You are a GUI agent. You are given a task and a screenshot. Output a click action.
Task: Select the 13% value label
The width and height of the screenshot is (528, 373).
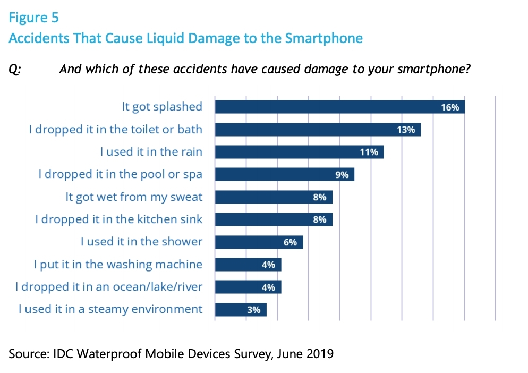(406, 130)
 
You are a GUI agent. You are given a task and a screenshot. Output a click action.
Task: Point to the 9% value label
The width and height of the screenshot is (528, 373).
(342, 174)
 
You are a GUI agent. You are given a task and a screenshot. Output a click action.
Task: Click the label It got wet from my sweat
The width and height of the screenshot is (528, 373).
(134, 197)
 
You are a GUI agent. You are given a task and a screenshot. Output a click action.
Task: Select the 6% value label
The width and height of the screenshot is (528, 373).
(290, 242)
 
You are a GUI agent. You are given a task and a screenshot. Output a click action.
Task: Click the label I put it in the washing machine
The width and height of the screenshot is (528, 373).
(117, 264)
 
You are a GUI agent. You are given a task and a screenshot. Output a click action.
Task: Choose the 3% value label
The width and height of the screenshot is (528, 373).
(254, 310)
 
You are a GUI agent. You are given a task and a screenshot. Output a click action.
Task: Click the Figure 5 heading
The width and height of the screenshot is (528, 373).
(33, 18)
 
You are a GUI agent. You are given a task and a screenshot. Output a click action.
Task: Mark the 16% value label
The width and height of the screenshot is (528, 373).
(450, 107)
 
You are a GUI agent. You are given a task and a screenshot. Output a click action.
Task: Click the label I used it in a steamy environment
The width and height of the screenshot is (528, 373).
(110, 309)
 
